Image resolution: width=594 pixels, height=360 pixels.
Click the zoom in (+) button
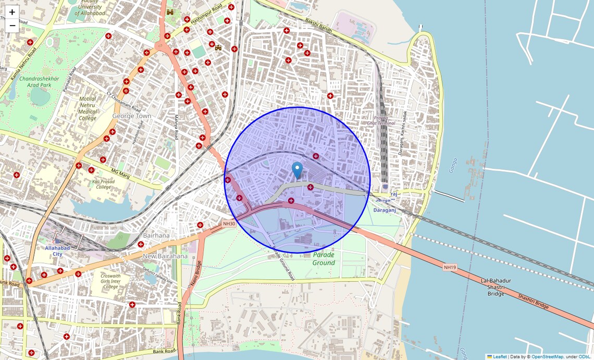click(12, 12)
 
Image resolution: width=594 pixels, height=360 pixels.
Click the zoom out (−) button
click(12, 26)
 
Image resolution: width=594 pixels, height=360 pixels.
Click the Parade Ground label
click(324, 258)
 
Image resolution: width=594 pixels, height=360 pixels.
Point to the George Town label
click(131, 116)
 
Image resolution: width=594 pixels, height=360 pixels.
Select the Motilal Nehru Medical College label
click(88, 108)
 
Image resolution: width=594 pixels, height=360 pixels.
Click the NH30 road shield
click(229, 224)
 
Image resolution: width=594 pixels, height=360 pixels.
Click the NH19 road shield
click(450, 267)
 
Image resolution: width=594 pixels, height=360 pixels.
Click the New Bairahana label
click(165, 256)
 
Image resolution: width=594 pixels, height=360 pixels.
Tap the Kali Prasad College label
click(103, 184)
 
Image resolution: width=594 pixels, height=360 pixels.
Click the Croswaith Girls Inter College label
click(111, 281)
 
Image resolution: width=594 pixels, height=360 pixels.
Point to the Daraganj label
click(385, 210)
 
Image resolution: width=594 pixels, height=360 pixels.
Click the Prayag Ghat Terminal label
click(381, 120)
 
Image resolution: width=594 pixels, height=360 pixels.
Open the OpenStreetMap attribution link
click(547, 356)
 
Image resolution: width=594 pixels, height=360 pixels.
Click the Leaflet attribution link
click(500, 356)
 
